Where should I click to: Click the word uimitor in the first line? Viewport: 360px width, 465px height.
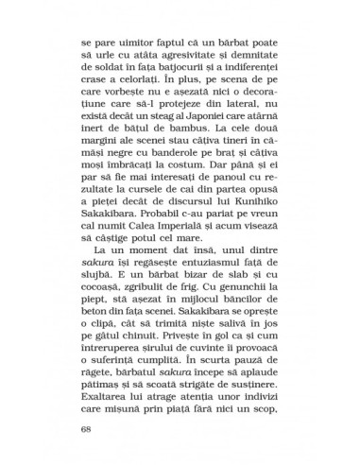(132, 44)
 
